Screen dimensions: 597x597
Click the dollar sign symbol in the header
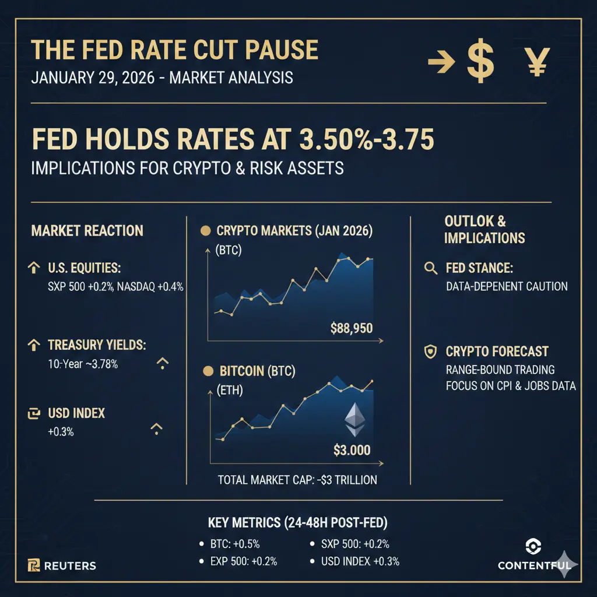(x=480, y=62)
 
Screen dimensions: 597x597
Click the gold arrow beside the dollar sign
(x=441, y=62)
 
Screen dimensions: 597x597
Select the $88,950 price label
(x=351, y=328)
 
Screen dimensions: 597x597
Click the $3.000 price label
(x=352, y=450)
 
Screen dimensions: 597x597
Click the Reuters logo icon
(x=34, y=565)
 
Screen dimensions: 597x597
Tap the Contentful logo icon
(x=533, y=546)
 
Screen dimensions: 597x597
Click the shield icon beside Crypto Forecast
(x=431, y=352)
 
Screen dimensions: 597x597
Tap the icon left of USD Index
(x=34, y=413)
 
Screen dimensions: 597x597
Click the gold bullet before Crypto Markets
(x=205, y=231)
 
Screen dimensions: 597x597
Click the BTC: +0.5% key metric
(x=234, y=544)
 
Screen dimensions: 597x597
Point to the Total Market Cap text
(x=297, y=480)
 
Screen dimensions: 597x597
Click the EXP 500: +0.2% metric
(x=243, y=562)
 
